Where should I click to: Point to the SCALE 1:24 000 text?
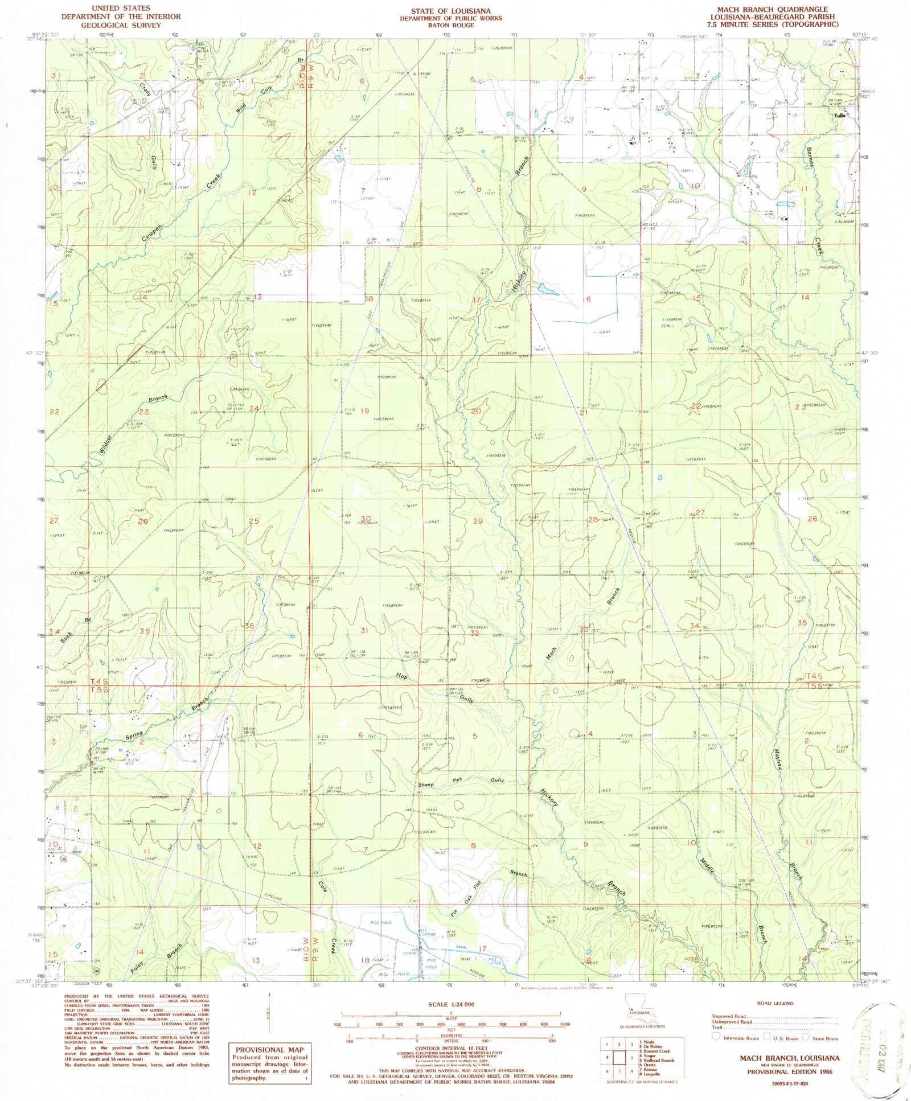click(x=450, y=1005)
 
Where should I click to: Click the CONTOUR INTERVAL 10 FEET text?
click(x=450, y=1053)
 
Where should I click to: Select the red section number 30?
click(x=365, y=518)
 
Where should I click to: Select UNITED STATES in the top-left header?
click(x=124, y=8)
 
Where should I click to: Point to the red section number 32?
click(x=474, y=632)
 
